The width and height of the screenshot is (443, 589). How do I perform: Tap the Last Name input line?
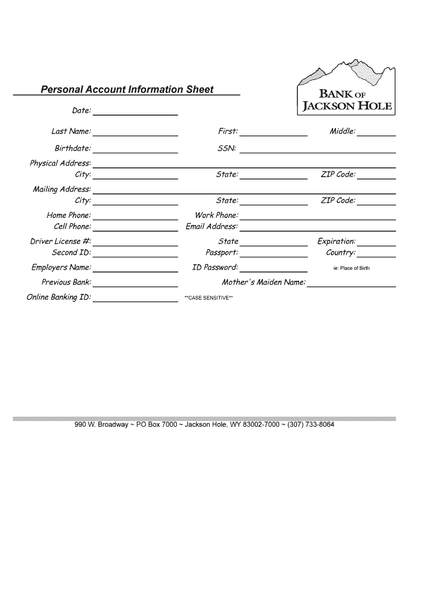click(135, 134)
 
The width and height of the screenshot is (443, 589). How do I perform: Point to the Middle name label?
click(342, 132)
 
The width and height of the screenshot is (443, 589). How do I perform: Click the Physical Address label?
click(60, 163)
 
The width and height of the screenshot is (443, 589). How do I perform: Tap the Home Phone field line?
click(135, 218)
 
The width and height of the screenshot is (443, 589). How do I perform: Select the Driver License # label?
click(60, 242)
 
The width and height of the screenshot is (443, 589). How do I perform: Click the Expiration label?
click(337, 242)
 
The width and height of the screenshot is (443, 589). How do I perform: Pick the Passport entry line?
click(274, 255)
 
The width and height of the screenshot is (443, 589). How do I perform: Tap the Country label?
click(341, 253)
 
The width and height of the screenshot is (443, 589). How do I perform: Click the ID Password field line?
click(274, 270)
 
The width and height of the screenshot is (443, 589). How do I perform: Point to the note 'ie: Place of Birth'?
click(352, 269)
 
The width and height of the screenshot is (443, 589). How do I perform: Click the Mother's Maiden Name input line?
click(352, 285)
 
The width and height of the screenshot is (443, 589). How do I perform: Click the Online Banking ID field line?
click(135, 300)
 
